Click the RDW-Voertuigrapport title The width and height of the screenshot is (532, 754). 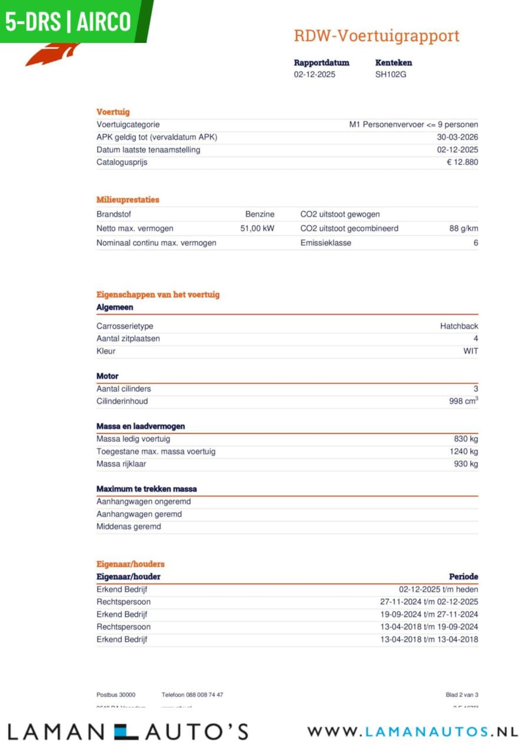click(377, 36)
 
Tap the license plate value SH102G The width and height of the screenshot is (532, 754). click(390, 74)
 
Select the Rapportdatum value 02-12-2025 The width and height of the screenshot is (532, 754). click(314, 74)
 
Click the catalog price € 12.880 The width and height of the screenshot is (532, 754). click(462, 162)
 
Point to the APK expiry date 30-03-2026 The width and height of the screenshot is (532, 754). click(457, 137)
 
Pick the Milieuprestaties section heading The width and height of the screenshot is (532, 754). click(128, 200)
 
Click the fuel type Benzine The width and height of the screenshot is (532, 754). click(260, 214)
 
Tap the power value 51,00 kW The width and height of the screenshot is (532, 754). click(257, 228)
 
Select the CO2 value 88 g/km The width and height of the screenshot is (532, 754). click(463, 228)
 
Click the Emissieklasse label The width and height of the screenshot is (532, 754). click(325, 243)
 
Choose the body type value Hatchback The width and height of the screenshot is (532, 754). click(459, 326)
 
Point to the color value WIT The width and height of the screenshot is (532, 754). click(470, 351)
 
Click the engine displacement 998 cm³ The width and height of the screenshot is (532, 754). click(463, 401)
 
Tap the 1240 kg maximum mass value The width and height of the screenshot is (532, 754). click(463, 451)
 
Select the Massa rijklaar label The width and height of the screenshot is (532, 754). click(121, 464)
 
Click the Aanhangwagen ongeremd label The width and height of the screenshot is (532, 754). click(143, 502)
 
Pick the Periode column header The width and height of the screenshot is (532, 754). click(463, 577)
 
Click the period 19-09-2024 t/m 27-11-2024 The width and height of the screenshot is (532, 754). click(429, 615)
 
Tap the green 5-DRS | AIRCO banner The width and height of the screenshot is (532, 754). click(69, 22)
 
